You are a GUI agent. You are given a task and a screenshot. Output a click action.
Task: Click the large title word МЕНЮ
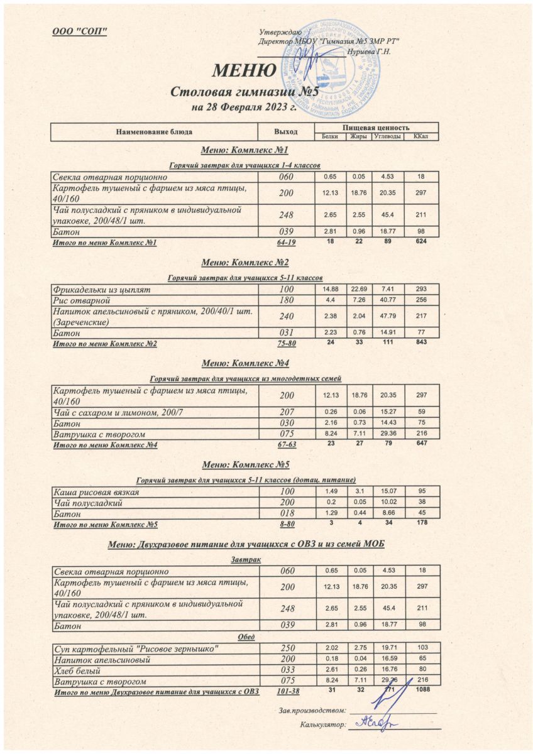[244, 70]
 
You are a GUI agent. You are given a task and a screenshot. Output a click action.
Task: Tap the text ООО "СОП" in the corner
[80, 32]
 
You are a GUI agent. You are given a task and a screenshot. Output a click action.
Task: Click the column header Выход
[286, 132]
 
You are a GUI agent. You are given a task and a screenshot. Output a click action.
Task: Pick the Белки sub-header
[330, 136]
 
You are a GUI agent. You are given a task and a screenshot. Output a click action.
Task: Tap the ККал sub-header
[421, 136]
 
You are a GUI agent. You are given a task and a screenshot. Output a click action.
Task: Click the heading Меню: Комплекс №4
[244, 363]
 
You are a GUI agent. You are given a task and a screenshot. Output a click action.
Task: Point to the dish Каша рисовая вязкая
[97, 492]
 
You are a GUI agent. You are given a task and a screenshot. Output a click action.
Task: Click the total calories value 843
[421, 343]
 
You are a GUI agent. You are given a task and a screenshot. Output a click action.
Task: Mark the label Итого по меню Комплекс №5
[106, 524]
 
